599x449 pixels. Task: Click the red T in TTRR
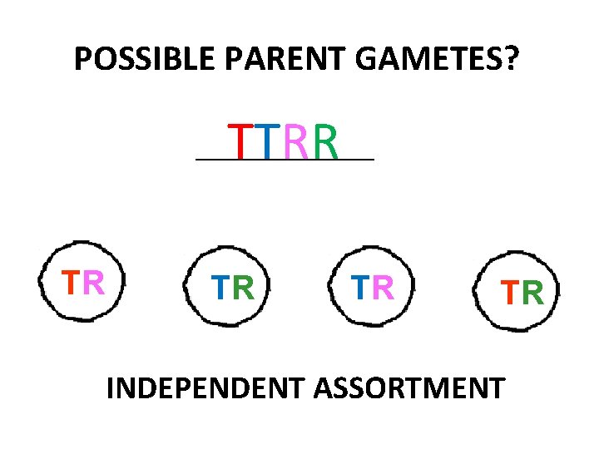pyautogui.click(x=240, y=141)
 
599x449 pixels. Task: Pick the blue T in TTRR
pyautogui.click(x=266, y=141)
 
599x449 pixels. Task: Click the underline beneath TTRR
pyautogui.click(x=284, y=159)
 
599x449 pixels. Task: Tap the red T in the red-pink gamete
pyautogui.click(x=72, y=283)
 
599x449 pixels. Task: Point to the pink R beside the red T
pyautogui.click(x=93, y=283)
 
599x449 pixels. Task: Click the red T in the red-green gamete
pyautogui.click(x=509, y=292)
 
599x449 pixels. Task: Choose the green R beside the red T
pyautogui.click(x=532, y=292)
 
